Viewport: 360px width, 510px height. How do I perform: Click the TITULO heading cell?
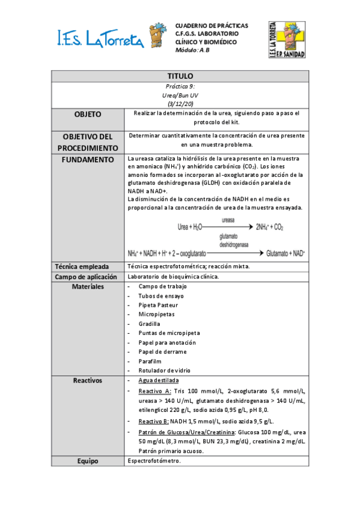(180, 76)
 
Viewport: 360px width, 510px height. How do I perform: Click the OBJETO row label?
(88, 114)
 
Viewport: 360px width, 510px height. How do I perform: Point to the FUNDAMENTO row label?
(88, 159)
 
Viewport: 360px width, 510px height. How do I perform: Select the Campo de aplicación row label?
(88, 277)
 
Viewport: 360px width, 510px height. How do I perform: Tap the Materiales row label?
(88, 286)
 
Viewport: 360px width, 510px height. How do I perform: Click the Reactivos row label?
(88, 381)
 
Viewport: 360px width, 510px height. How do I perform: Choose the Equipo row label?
(88, 461)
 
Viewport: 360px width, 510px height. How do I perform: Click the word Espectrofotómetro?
(154, 461)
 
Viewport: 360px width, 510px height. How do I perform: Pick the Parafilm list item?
(150, 361)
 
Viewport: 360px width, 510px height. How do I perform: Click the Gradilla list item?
(149, 324)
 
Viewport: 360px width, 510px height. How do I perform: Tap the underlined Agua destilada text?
(159, 381)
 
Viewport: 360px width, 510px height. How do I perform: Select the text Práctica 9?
(180, 87)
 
